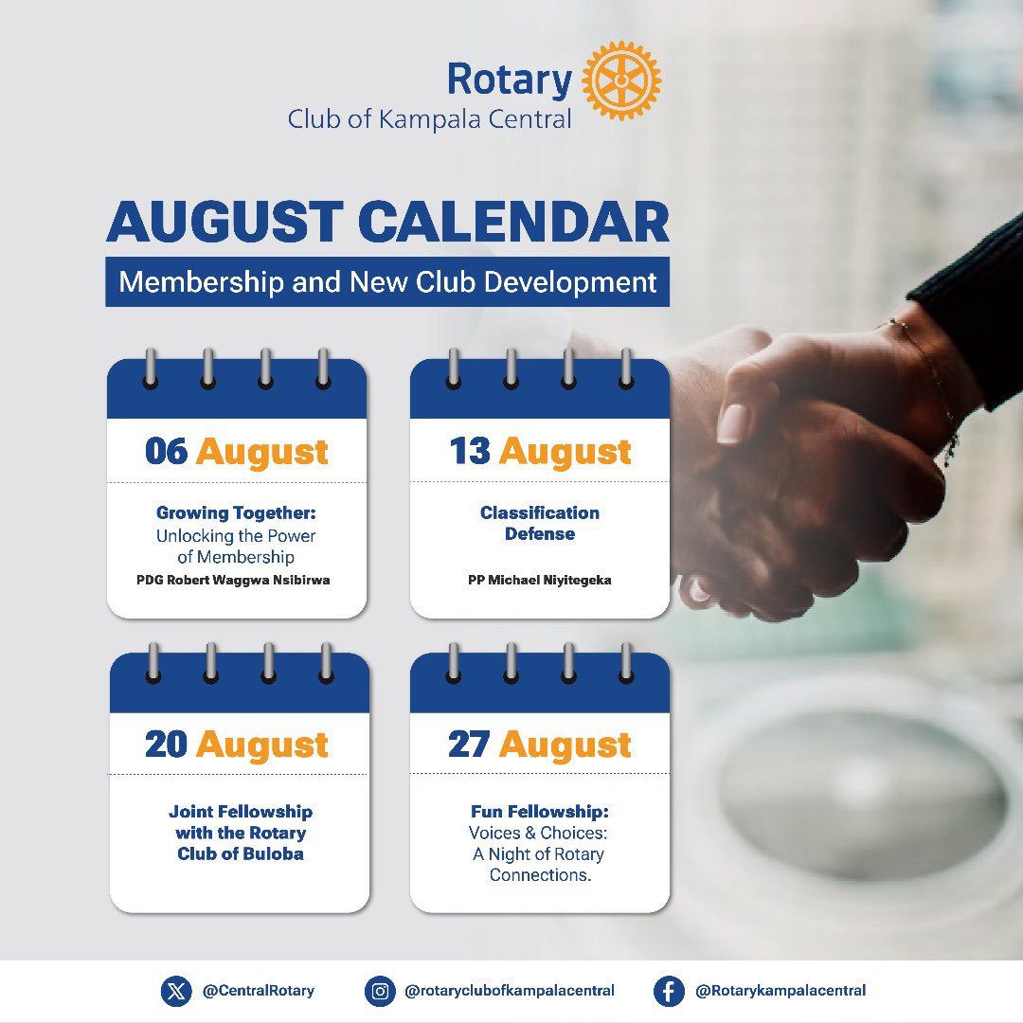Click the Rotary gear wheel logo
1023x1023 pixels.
(621, 80)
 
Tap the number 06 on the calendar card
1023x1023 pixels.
(167, 451)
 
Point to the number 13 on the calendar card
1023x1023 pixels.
(470, 451)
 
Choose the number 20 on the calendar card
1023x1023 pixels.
(166, 745)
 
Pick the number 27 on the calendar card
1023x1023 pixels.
(469, 745)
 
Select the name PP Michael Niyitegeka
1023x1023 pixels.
(540, 580)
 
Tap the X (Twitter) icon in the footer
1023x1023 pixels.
(175, 991)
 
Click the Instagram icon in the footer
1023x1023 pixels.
(380, 991)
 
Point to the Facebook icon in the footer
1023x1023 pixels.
(669, 991)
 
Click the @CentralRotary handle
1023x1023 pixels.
(258, 991)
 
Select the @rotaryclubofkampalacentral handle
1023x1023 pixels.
(510, 991)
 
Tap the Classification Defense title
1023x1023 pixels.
(540, 523)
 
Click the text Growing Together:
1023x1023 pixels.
(236, 513)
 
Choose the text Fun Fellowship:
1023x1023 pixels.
(539, 812)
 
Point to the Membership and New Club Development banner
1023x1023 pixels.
(387, 281)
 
